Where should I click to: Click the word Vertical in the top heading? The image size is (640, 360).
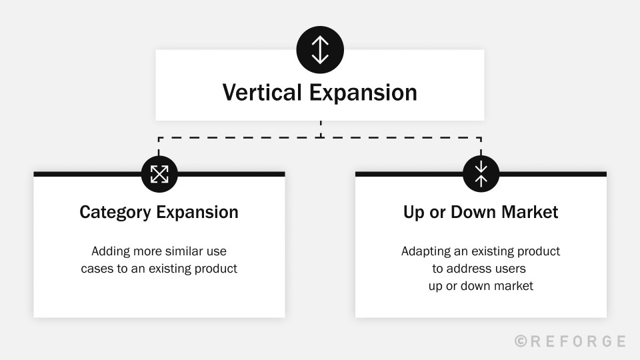coord(262,92)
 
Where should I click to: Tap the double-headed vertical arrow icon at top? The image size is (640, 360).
coord(320,50)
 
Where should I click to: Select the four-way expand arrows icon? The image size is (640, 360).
coord(159,174)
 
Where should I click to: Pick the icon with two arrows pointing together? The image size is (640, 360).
coord(481,174)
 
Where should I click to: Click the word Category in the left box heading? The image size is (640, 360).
coord(115,213)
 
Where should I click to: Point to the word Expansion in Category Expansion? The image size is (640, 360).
coord(197,213)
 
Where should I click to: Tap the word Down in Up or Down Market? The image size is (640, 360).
coord(473,212)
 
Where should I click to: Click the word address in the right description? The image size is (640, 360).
coord(469,269)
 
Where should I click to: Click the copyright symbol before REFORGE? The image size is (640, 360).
coord(521,341)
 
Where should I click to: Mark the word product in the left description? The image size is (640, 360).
coord(215,269)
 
